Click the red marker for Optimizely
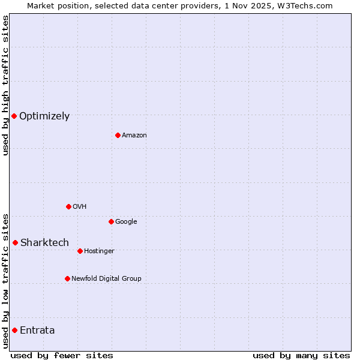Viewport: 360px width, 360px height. pyautogui.click(x=14, y=116)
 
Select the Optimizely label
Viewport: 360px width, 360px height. pyautogui.click(x=44, y=116)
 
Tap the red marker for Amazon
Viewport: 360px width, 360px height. pyautogui.click(x=118, y=135)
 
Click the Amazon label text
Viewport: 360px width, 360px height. pyautogui.click(x=134, y=136)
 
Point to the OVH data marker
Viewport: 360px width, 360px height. pyautogui.click(x=68, y=206)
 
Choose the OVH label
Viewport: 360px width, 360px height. pyautogui.click(x=80, y=207)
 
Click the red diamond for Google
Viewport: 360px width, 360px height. pyautogui.click(x=111, y=221)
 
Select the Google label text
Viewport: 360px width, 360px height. pyautogui.click(x=126, y=222)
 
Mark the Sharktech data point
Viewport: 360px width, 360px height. pyautogui.click(x=15, y=242)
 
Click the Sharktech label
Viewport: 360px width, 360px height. pyautogui.click(x=44, y=243)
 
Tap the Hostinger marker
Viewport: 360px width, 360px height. pyautogui.click(x=80, y=251)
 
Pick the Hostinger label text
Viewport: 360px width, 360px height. pyautogui.click(x=99, y=251)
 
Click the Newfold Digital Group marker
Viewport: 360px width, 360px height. pyautogui.click(x=67, y=278)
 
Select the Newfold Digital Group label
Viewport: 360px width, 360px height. pyautogui.click(x=106, y=279)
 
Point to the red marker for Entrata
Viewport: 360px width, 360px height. pyautogui.click(x=14, y=330)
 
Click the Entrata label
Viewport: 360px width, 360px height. pyautogui.click(x=37, y=331)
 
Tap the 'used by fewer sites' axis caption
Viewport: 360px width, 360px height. pyautogui.click(x=62, y=356)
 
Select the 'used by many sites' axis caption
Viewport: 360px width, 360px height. pyautogui.click(x=301, y=356)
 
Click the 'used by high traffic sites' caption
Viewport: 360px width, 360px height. pyautogui.click(x=5, y=86)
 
